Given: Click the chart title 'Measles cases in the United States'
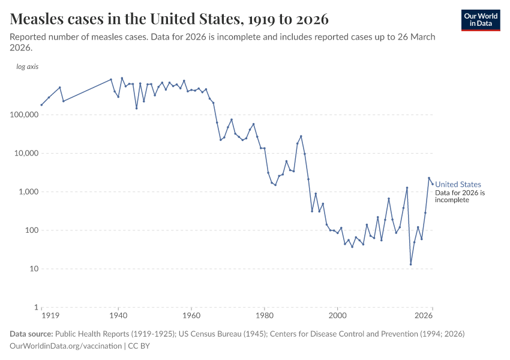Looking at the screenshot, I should click(x=169, y=19).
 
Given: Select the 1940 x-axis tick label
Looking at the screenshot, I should click(x=118, y=316).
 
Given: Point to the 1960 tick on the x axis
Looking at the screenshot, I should click(x=191, y=316).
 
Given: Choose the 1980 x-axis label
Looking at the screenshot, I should click(x=265, y=316).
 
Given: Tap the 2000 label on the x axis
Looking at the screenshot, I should click(x=338, y=316).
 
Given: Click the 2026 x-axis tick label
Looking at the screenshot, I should click(x=424, y=316).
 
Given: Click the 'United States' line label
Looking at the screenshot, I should click(x=458, y=185).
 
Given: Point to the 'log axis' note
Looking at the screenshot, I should click(x=27, y=67).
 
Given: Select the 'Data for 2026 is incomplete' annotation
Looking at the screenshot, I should click(x=460, y=196).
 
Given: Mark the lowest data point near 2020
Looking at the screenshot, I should click(x=411, y=264).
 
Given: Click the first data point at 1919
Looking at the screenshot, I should click(x=41, y=105).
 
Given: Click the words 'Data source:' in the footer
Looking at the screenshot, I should click(x=31, y=334).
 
